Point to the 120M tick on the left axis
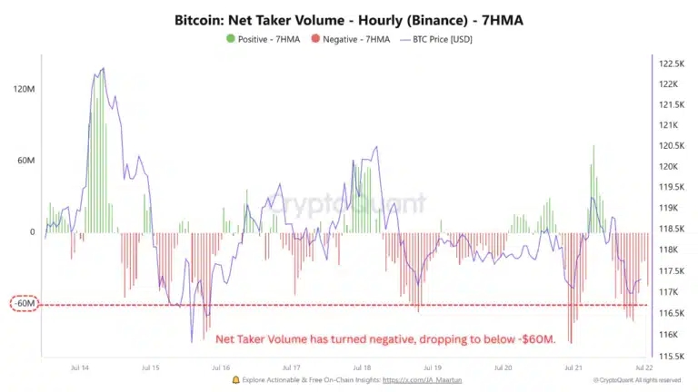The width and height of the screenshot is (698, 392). pos(25,89)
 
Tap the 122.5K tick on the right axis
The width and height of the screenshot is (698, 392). pos(671,64)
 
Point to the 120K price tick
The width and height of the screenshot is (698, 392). pos(671,167)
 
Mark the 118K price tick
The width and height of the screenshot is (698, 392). pos(671,250)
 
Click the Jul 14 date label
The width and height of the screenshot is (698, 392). pos(79,368)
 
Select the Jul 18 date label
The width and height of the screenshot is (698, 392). pos(361,368)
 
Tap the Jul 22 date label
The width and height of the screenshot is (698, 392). pos(643,368)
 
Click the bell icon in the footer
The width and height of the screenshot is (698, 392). pos(236,380)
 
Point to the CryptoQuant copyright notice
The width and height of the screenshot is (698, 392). pos(636,380)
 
